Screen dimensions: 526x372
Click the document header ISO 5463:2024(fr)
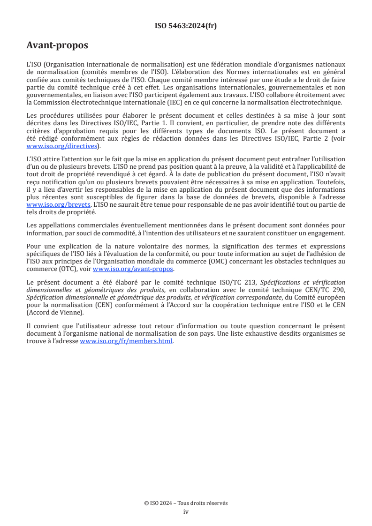point(186,26)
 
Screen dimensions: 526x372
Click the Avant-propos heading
point(57,45)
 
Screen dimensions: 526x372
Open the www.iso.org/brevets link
point(58,205)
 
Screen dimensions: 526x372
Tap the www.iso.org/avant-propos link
point(133,269)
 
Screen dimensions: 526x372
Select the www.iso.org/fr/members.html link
point(126,342)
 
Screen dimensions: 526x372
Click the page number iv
point(186,512)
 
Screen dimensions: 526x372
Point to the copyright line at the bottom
point(186,503)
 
